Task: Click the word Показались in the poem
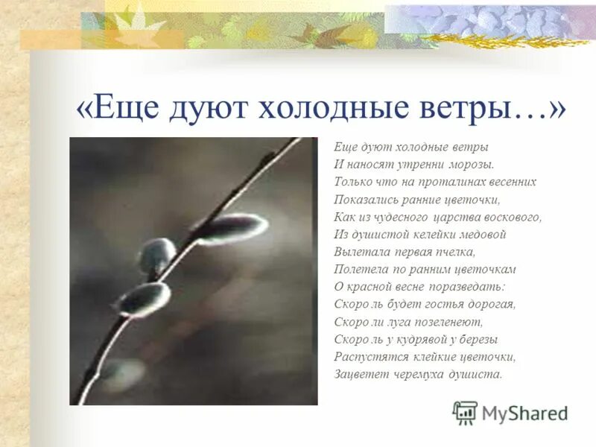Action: pos(367,200)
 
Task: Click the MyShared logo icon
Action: pos(465,413)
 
